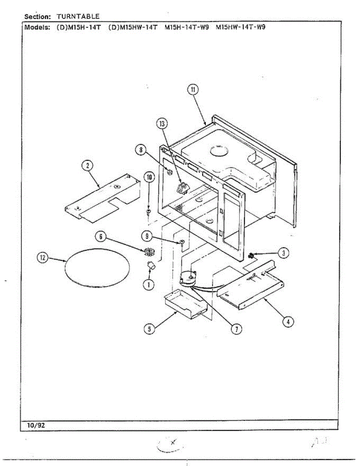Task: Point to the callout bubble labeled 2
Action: [x=87, y=166]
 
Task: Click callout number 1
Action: [x=148, y=284]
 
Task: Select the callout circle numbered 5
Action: [x=149, y=329]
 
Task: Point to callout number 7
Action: [x=236, y=329]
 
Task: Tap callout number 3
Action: [x=284, y=253]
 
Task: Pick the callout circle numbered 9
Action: [x=146, y=235]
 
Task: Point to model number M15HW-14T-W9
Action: [x=240, y=28]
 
